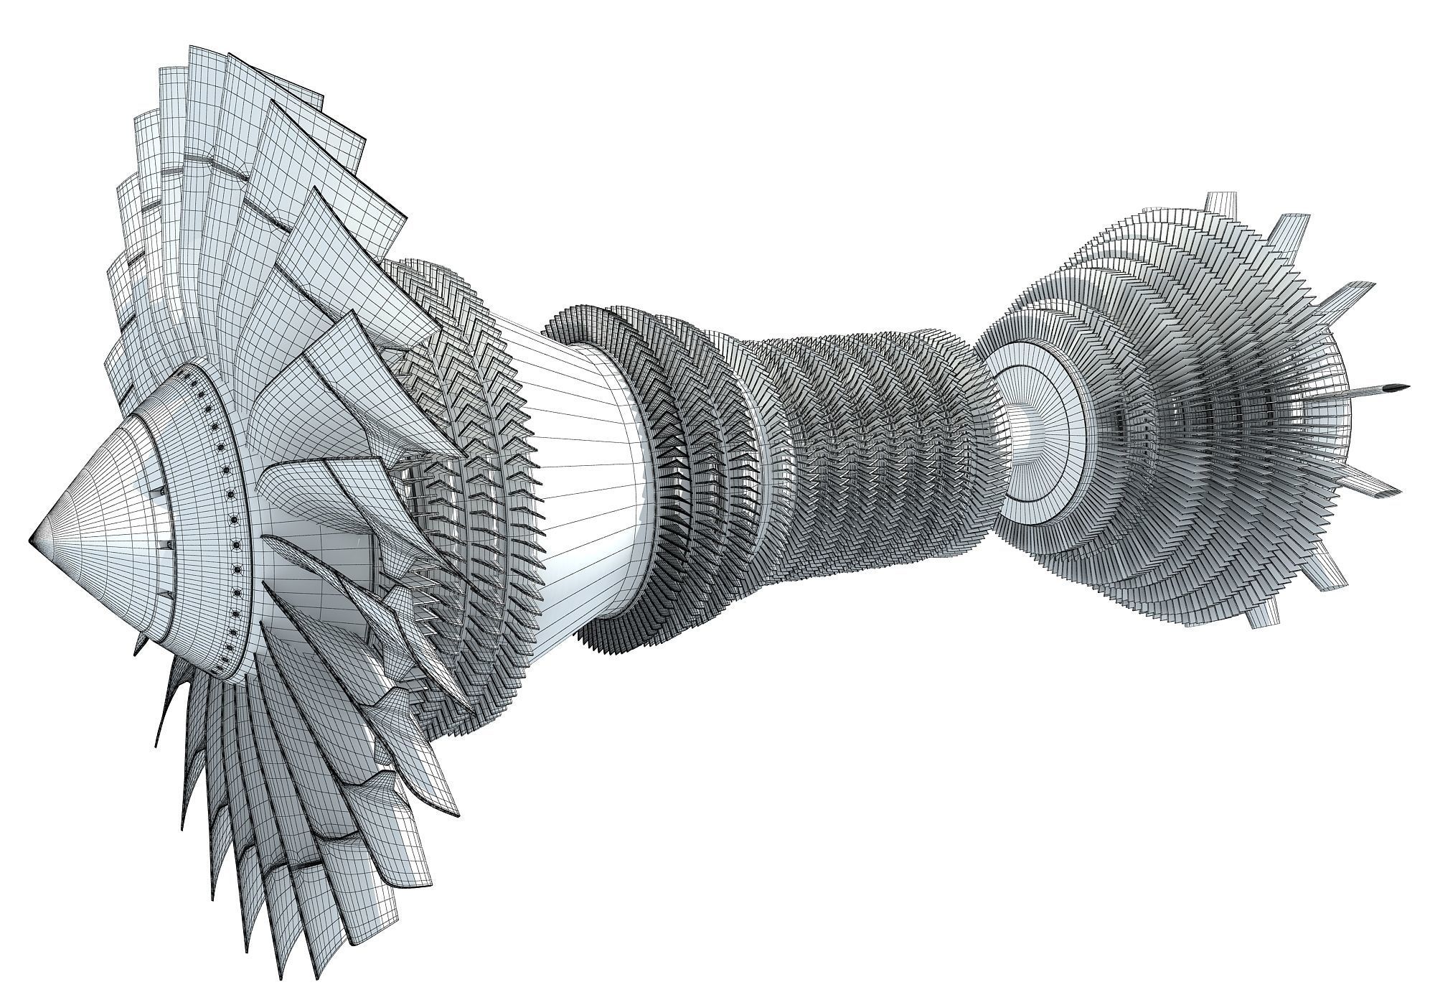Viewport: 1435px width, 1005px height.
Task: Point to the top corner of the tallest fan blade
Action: (x=191, y=49)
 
